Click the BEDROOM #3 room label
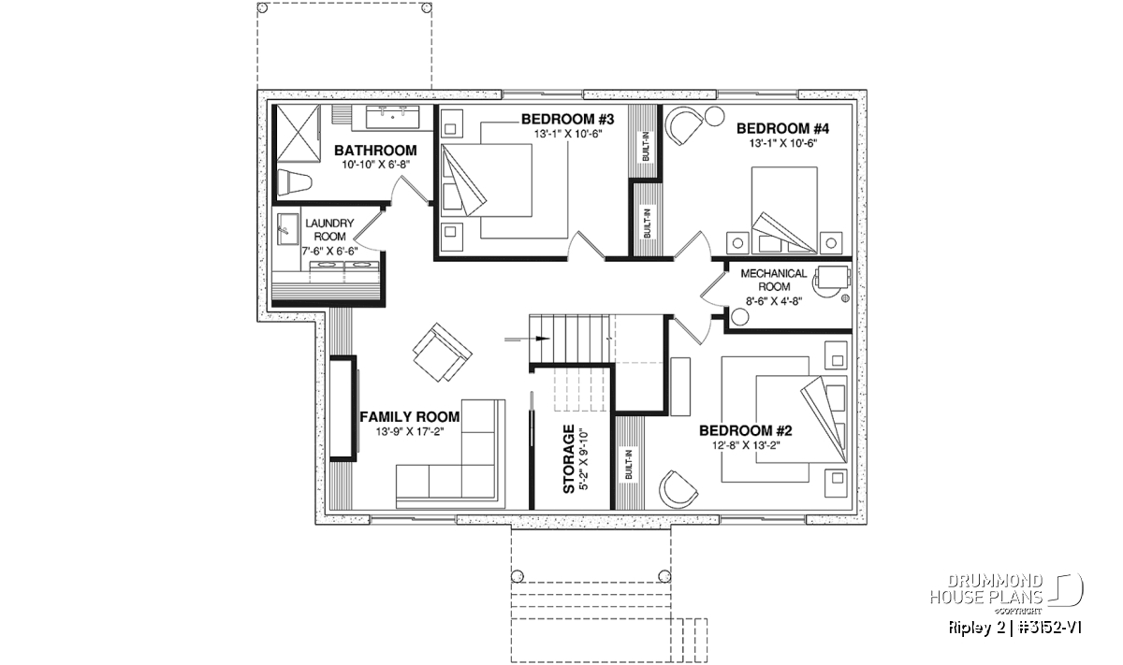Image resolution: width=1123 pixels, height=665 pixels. pyautogui.click(x=567, y=120)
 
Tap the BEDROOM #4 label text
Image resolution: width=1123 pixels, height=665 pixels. pyautogui.click(x=782, y=129)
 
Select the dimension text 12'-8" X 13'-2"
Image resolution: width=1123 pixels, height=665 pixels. pyautogui.click(x=746, y=445)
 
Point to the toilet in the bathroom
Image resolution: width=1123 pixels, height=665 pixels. pyautogui.click(x=293, y=182)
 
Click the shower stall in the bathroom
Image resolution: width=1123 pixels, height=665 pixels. pyautogui.click(x=299, y=134)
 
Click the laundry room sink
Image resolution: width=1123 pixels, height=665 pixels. pyautogui.click(x=285, y=229)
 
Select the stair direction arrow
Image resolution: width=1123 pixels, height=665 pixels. pyautogui.click(x=527, y=340)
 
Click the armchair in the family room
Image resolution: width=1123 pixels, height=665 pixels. pyautogui.click(x=442, y=352)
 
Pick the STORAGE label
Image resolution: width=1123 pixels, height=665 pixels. pyautogui.click(x=569, y=459)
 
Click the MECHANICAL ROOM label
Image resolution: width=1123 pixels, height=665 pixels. pyautogui.click(x=774, y=281)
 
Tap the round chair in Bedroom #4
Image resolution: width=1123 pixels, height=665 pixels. pyautogui.click(x=682, y=127)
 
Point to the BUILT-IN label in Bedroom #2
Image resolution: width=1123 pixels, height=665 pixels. pyautogui.click(x=629, y=465)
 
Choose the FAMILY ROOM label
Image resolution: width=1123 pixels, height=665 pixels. pyautogui.click(x=410, y=417)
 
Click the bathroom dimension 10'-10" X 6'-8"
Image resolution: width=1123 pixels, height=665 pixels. pyautogui.click(x=376, y=165)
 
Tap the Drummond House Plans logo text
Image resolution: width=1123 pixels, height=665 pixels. pyautogui.click(x=986, y=589)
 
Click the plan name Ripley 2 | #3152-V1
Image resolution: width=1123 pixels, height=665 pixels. pyautogui.click(x=1015, y=628)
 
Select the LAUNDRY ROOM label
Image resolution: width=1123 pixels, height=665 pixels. pyautogui.click(x=329, y=229)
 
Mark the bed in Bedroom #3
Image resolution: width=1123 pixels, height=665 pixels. pyautogui.click(x=486, y=181)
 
